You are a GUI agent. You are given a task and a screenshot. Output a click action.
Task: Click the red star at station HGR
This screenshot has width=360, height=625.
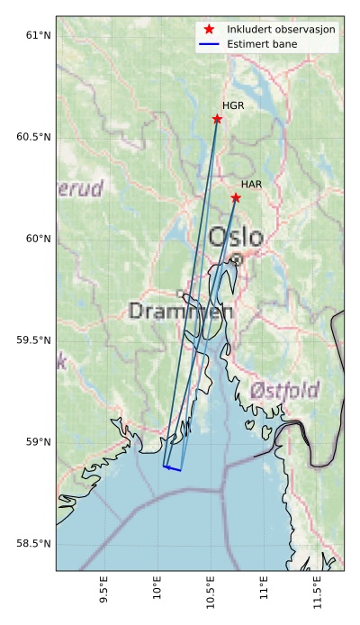(217, 119)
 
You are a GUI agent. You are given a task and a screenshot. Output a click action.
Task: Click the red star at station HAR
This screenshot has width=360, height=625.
(236, 197)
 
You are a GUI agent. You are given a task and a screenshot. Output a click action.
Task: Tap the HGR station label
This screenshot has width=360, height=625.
(233, 106)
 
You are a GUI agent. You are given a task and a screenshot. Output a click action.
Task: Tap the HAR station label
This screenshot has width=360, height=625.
(251, 185)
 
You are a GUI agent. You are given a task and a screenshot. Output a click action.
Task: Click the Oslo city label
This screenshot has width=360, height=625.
(236, 238)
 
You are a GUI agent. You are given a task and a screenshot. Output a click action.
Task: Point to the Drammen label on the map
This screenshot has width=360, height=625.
(181, 312)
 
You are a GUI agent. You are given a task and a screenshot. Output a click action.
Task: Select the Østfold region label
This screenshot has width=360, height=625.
(285, 390)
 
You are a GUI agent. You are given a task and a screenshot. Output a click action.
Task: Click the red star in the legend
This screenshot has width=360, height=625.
(209, 29)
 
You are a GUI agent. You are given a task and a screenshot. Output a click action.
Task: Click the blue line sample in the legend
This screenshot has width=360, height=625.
(209, 42)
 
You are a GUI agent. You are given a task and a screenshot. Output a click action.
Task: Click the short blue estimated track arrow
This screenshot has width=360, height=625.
(172, 468)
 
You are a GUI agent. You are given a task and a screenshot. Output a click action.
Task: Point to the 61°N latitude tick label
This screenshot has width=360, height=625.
(37, 35)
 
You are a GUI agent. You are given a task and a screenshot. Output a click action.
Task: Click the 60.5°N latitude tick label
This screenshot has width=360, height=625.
(31, 137)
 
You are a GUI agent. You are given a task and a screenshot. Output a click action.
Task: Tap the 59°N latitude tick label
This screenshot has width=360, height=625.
(37, 441)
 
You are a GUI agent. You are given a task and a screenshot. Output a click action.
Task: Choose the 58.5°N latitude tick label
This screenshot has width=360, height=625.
(31, 543)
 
